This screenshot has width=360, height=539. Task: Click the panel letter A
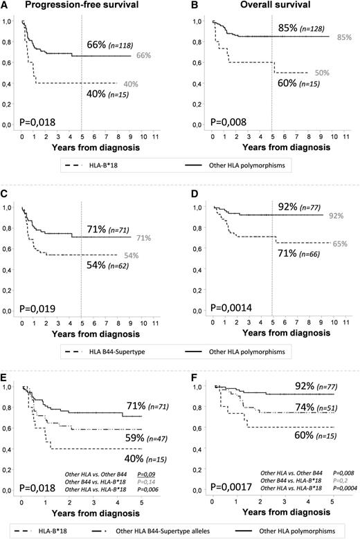5,6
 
